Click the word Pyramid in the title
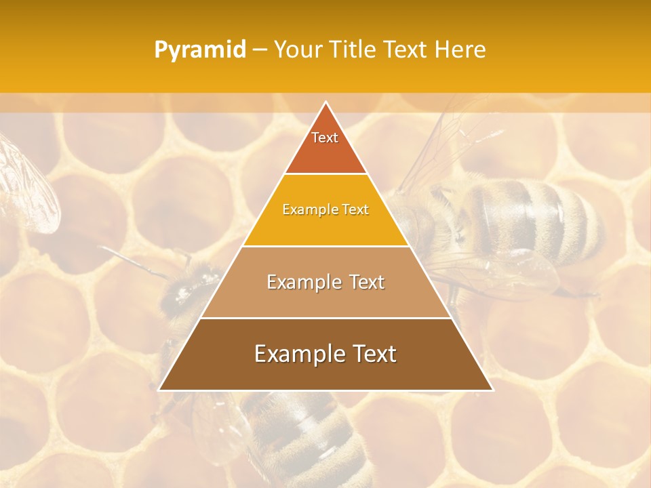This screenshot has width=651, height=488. coord(199,50)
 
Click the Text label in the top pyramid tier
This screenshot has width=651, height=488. coord(325,138)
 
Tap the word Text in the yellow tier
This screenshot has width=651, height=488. coord(355,210)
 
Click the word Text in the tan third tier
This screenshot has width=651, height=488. coord(366,282)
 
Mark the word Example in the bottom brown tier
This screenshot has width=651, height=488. coord(298,354)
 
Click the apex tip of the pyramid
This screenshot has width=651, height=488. coord(325,102)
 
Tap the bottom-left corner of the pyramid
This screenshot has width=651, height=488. coord(159,390)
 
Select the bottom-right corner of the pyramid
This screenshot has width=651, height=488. coord(492,390)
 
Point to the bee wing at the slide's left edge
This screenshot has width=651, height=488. coord(27,183)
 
